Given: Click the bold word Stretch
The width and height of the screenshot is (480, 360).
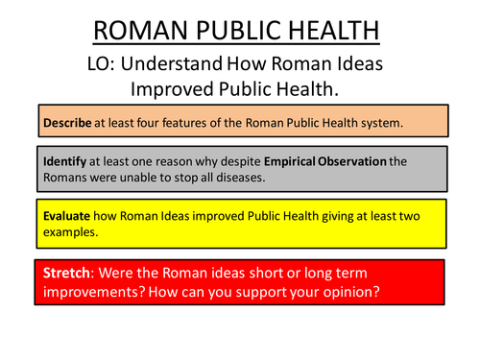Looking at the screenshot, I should [67, 274].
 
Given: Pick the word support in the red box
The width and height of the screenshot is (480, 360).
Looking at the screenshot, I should [266, 293].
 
